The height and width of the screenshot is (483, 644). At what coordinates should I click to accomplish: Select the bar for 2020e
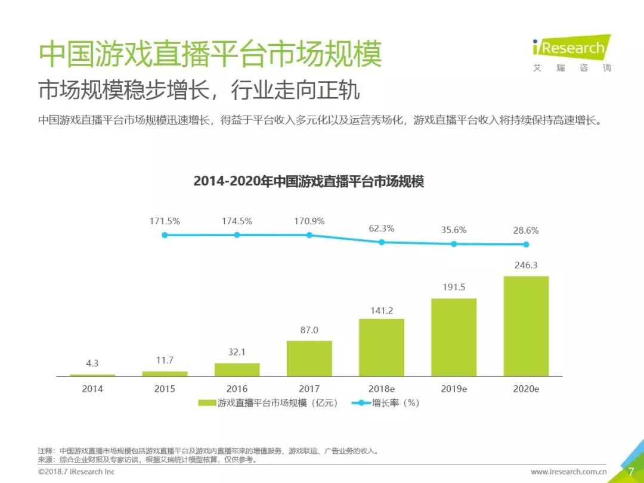526,326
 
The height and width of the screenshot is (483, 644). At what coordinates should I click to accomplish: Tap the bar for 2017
309,358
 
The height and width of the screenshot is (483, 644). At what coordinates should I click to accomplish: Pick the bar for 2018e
382,348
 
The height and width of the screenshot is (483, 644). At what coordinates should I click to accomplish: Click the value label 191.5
454,287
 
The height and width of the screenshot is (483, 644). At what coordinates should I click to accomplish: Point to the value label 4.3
92,363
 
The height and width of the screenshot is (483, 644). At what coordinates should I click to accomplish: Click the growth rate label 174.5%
237,221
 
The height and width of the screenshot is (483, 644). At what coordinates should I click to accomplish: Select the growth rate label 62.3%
382,228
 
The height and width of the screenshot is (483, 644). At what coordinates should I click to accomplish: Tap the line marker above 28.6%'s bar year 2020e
526,244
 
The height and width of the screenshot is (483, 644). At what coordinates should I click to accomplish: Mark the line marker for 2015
165,235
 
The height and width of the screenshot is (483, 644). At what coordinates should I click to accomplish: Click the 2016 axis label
237,389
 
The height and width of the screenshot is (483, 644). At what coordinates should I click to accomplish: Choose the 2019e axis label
454,389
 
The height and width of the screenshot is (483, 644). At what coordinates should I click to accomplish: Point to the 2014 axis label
92,389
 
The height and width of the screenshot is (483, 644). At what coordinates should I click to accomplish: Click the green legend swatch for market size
206,403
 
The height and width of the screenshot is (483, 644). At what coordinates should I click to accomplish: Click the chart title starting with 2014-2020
308,182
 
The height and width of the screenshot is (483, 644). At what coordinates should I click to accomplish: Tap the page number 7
630,472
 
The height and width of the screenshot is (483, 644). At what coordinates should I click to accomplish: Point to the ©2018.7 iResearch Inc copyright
76,472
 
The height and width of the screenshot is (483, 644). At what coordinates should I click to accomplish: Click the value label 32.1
237,352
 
